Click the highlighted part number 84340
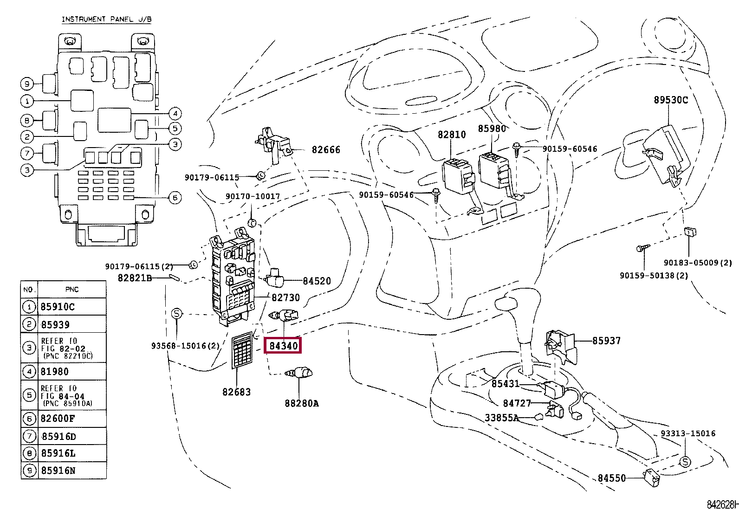(x=283, y=345)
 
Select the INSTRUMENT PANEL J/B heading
(x=107, y=19)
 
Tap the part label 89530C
(x=671, y=100)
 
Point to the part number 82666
(x=326, y=150)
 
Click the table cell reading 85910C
(x=58, y=307)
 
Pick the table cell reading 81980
(x=54, y=372)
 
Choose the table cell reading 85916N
(x=58, y=471)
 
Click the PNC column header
(x=72, y=289)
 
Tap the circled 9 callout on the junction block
(x=27, y=84)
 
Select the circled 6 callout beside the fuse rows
(x=175, y=198)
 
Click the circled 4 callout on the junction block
(x=175, y=114)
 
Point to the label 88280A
(x=302, y=403)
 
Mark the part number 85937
(x=606, y=341)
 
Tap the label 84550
(x=612, y=478)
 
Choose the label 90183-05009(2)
(x=698, y=263)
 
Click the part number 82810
(x=452, y=135)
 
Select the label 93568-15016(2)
(x=185, y=346)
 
